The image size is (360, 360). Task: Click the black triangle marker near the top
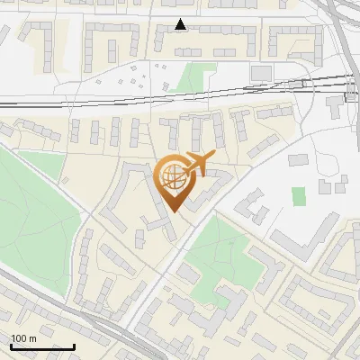coord(181,24)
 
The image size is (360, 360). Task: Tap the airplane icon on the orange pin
coord(197,164)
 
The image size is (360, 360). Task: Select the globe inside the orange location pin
coord(173,175)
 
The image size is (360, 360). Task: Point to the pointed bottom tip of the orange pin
coord(174,212)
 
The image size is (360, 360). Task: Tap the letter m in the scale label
coord(32,338)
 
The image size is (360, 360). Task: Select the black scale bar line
coord(42,346)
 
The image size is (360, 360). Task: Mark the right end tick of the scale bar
coord(74,345)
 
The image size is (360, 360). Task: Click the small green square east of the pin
coord(299,195)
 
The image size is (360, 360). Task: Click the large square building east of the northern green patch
coord(261,72)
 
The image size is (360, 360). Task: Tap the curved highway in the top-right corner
coord(342,36)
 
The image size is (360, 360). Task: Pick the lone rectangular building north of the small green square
coord(298,159)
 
